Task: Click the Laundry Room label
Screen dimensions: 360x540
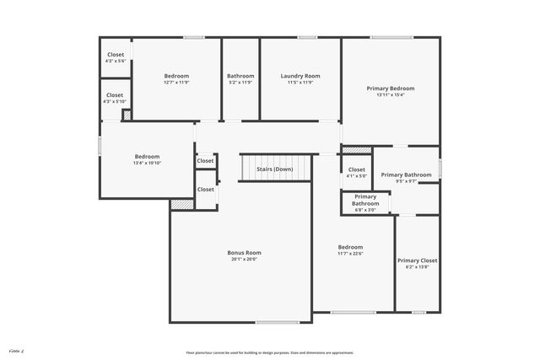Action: point(300,76)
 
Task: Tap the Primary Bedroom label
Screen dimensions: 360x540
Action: point(390,88)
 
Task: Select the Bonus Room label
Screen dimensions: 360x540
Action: point(244,252)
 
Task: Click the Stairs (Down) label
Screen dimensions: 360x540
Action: point(275,169)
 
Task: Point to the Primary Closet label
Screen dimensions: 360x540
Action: point(417,261)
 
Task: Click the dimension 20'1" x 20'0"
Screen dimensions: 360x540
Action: point(244,260)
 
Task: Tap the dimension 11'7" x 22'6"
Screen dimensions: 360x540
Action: point(350,254)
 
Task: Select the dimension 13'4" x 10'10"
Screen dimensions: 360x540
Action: point(147,163)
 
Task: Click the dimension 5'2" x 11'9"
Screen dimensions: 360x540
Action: point(240,83)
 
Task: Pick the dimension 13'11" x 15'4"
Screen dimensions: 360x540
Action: point(390,94)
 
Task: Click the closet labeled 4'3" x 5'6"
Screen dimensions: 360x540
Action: point(115,58)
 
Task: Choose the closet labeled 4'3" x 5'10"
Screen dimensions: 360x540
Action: point(115,99)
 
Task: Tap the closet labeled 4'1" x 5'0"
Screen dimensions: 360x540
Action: point(357,173)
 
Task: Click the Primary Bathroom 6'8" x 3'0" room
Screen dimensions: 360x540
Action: point(365,203)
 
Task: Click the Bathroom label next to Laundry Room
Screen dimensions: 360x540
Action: point(240,76)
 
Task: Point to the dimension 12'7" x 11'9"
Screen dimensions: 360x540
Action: point(176,83)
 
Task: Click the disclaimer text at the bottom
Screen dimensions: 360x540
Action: point(270,352)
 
